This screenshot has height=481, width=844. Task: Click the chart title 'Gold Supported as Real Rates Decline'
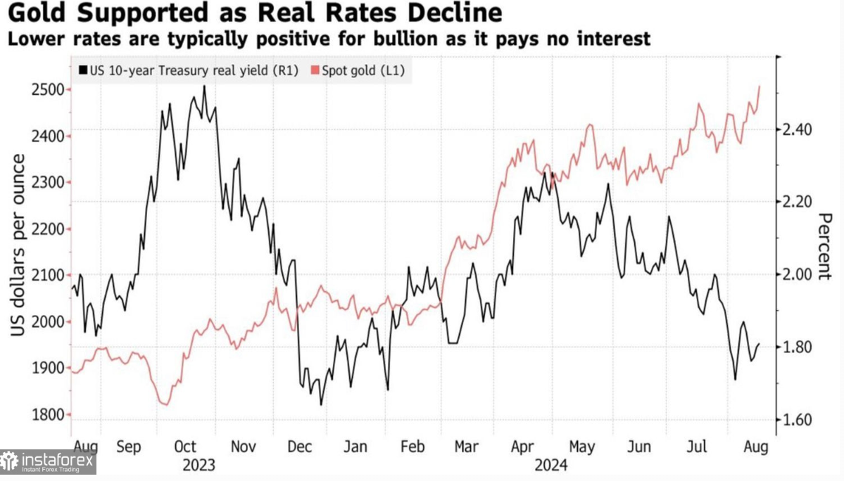[255, 13]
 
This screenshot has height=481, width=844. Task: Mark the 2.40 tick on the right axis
[798, 129]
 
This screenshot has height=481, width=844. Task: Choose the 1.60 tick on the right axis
[798, 421]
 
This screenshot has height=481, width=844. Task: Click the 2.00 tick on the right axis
[798, 274]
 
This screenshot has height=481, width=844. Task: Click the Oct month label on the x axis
[184, 447]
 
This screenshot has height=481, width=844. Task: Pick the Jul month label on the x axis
[698, 447]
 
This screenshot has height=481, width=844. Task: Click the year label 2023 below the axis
[199, 465]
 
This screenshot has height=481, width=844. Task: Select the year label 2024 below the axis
[552, 465]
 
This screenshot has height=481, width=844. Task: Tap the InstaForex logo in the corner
[48, 462]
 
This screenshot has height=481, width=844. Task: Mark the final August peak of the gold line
[760, 86]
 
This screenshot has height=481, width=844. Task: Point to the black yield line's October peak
[204, 86]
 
